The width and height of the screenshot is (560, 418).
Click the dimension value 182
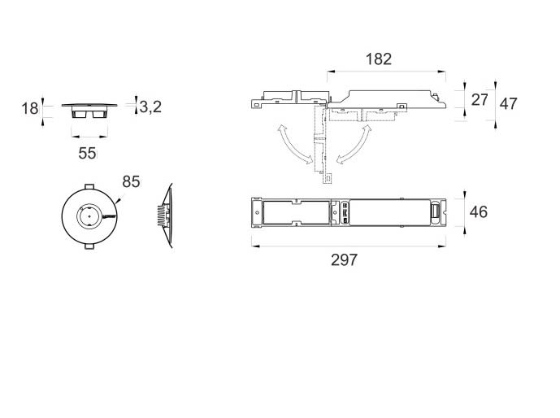[x=379, y=59]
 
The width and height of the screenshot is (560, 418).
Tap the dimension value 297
[x=344, y=259]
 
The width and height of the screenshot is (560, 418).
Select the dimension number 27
[x=480, y=100]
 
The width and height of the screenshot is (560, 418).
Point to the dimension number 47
[x=508, y=103]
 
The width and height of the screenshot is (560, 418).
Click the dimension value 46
[x=479, y=212]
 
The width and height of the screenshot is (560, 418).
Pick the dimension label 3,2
[x=150, y=107]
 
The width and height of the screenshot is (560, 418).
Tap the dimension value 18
[x=29, y=108]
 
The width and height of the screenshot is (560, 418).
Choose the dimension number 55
[x=87, y=153]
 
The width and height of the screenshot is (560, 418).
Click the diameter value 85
[x=131, y=181]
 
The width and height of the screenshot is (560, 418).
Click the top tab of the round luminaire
[x=89, y=187]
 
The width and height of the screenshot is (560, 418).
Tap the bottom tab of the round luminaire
[x=89, y=246]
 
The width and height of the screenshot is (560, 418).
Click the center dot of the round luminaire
[x=89, y=216]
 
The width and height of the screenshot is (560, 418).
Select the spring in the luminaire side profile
[x=162, y=216]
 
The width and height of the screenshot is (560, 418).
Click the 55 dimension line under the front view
[x=89, y=136]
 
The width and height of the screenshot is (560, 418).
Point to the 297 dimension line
[x=349, y=246]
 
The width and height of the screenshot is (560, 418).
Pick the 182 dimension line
[x=386, y=72]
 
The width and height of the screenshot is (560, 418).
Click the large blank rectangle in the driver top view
[x=389, y=212]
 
